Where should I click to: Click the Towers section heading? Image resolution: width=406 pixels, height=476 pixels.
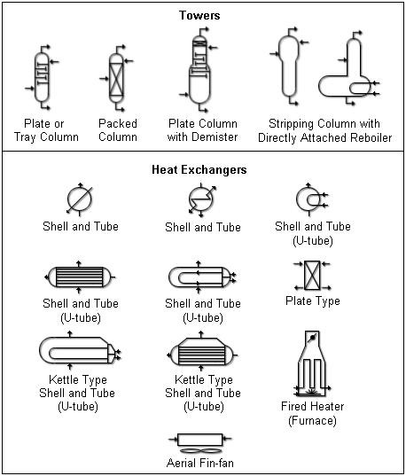(x=202, y=15)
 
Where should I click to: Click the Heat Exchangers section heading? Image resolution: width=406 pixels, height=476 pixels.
(x=203, y=169)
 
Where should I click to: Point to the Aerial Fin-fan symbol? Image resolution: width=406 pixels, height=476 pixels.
(x=202, y=440)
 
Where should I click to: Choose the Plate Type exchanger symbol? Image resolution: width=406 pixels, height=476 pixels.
(x=311, y=277)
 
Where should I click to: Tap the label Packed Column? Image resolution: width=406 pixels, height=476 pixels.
(x=118, y=130)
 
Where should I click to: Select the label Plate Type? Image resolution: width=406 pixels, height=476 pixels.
(x=312, y=301)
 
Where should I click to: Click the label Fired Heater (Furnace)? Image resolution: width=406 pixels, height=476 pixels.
(x=312, y=414)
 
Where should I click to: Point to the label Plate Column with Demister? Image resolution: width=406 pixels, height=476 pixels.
(x=203, y=130)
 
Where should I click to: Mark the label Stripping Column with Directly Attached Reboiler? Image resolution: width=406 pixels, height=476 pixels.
(x=324, y=130)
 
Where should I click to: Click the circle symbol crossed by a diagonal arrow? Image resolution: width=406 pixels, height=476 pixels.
(x=80, y=199)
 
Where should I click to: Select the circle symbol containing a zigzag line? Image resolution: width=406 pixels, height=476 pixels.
(x=202, y=199)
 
